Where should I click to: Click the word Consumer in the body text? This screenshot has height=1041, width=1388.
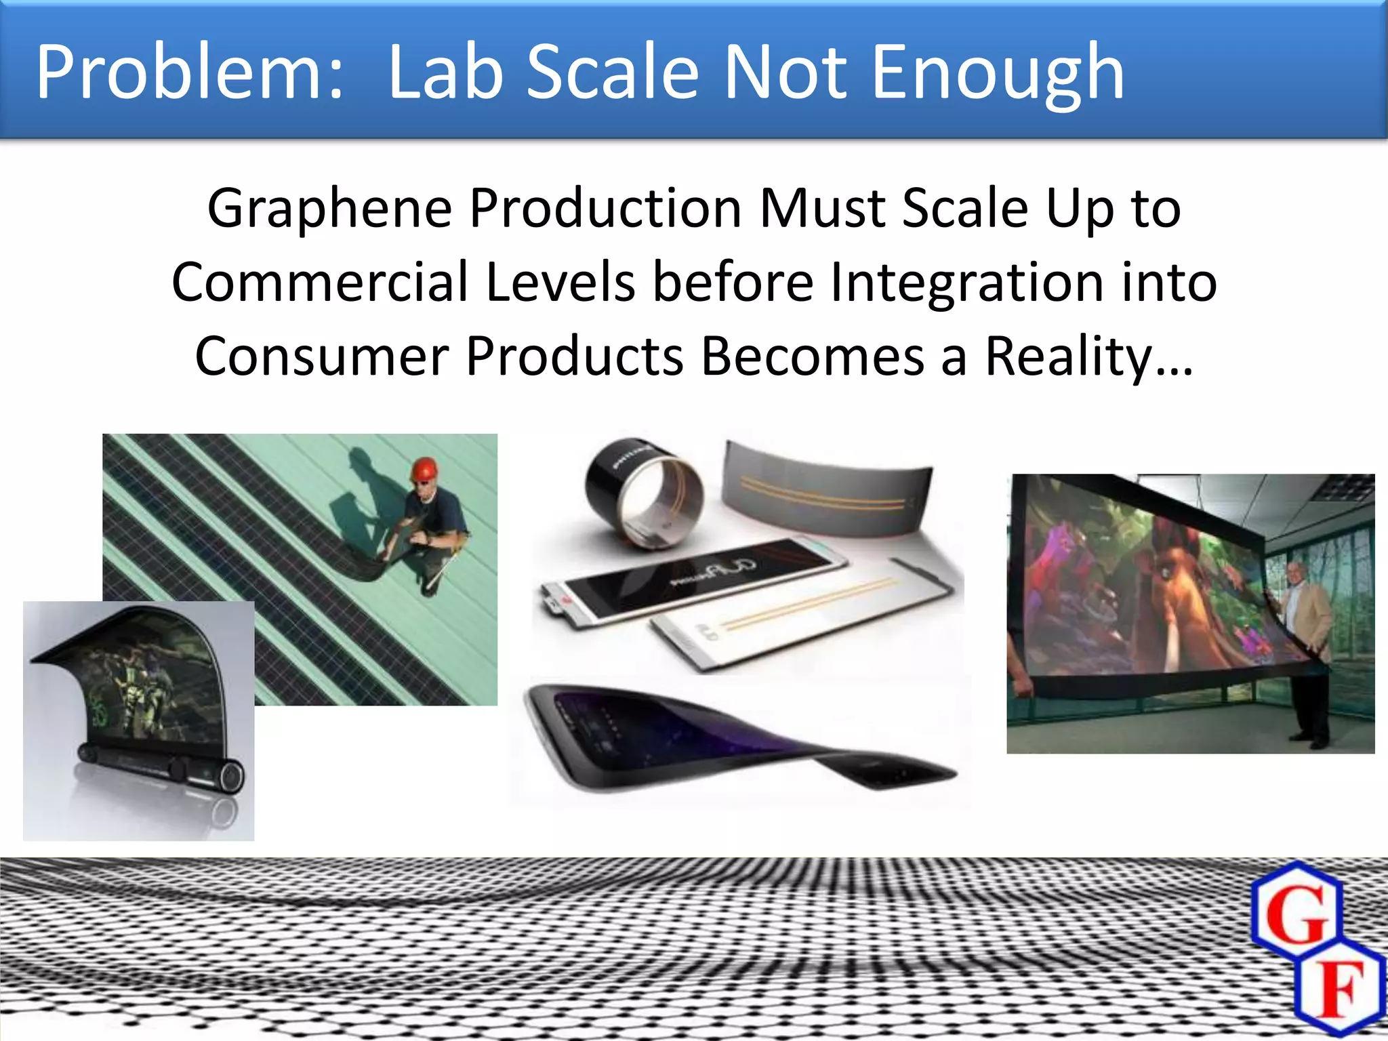(322, 356)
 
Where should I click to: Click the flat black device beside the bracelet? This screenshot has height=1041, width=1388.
(691, 579)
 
